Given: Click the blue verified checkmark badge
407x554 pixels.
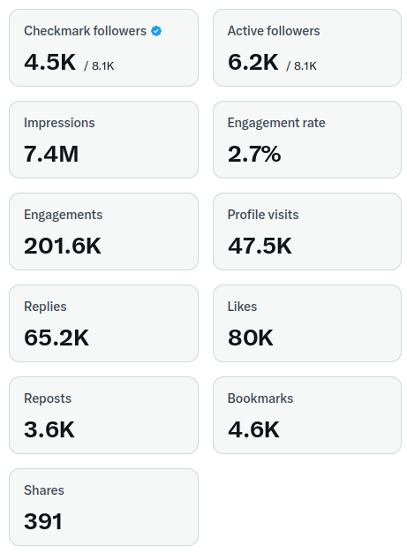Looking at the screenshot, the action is pos(156,31).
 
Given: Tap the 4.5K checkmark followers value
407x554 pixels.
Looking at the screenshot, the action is pos(49,62).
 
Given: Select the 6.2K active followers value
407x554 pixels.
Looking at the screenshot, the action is pos(253,62).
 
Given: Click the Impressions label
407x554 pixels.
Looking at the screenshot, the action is pos(59,123).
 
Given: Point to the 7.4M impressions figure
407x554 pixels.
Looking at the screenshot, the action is pos(51,154).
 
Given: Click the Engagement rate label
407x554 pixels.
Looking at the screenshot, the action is pos(276,123).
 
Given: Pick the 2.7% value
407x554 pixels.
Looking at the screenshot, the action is pos(254,154).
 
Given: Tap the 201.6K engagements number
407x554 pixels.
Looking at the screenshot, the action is pos(63,246).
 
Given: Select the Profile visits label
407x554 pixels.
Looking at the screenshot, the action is pos(263,215).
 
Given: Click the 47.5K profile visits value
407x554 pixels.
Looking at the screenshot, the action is pos(260,246).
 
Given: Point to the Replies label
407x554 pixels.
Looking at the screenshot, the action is pos(45,307).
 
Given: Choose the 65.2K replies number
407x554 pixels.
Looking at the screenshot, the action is pos(57,338).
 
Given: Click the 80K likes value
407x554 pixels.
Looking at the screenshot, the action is pos(251,338).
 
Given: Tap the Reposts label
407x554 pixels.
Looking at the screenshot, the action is pos(48,398).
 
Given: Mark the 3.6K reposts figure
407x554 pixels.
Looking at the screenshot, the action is pos(49,429).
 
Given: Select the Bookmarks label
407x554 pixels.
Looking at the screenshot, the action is pos(260,398).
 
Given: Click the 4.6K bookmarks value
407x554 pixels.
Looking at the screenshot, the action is pos(253,429).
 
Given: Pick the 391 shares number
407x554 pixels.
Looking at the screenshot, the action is pos(43,521).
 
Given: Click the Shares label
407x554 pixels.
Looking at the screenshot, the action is pos(44,490).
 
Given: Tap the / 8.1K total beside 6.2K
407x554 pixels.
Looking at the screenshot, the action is pos(301,65).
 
